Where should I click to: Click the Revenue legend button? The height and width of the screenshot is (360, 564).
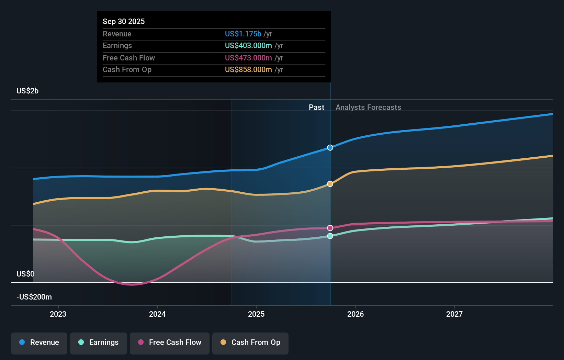click(39, 343)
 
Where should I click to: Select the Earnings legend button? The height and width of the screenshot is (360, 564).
click(99, 343)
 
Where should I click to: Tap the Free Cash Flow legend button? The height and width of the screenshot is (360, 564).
click(170, 343)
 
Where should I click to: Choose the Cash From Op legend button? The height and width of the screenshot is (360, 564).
click(250, 343)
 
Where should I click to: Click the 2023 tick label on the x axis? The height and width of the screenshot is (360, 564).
click(58, 314)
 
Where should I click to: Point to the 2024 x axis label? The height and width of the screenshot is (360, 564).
click(157, 314)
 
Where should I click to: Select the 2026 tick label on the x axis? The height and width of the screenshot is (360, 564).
click(356, 314)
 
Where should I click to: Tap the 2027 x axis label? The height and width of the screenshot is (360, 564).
click(454, 314)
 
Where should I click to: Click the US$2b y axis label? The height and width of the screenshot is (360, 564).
click(27, 91)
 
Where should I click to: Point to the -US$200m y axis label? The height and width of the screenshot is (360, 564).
click(34, 297)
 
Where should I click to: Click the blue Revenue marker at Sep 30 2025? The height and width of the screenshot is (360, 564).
click(330, 148)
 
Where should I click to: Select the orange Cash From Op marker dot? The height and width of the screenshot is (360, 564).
click(330, 184)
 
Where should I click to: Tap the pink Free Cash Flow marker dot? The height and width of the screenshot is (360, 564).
click(330, 228)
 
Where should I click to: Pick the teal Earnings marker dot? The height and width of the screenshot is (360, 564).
click(330, 236)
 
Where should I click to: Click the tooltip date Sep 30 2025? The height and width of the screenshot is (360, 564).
click(124, 22)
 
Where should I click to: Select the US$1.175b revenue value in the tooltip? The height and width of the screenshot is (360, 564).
click(243, 34)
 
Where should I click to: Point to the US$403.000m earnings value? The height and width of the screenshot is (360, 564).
click(248, 46)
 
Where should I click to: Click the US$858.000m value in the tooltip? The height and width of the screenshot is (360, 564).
click(248, 70)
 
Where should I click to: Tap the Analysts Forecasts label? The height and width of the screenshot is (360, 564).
click(368, 108)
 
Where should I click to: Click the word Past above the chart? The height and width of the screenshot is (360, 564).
click(316, 108)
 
